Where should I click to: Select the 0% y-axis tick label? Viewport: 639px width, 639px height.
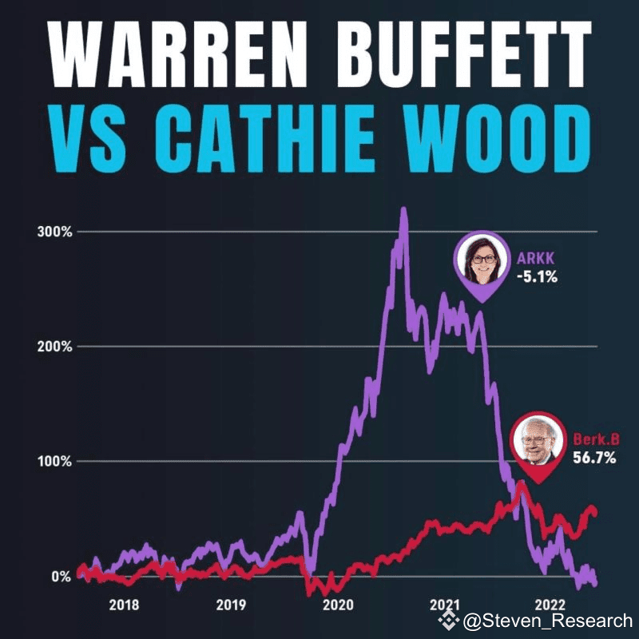click(62, 576)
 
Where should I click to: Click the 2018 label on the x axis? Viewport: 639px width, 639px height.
click(124, 605)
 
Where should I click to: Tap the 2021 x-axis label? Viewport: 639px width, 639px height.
click(444, 605)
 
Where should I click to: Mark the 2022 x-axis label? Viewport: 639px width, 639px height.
click(551, 605)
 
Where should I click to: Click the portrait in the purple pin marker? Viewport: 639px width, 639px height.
click(482, 260)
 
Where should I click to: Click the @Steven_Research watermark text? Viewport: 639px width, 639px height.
click(547, 620)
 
